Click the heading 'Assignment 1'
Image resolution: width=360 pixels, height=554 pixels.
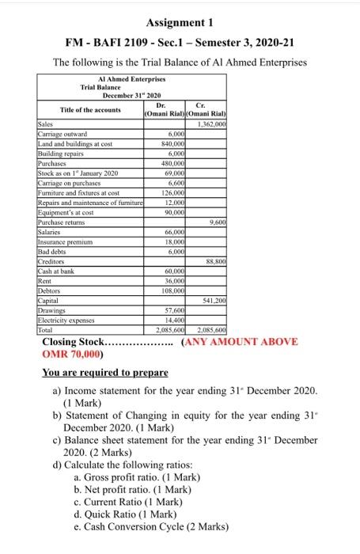point(180,20)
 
